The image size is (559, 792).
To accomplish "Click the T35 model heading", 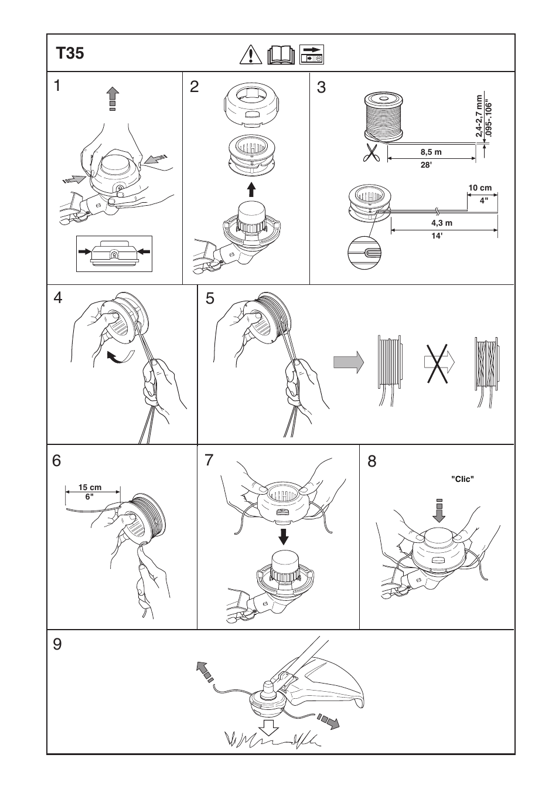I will click(70, 54).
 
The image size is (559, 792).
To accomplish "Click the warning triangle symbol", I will click(250, 55).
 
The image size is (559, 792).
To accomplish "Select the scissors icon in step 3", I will click(370, 153).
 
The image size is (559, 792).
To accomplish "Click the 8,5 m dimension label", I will click(431, 152).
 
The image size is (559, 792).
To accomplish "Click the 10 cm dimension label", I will click(480, 188).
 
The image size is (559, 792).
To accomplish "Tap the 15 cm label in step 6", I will click(90, 487).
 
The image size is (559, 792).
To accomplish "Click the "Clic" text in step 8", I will click(462, 478).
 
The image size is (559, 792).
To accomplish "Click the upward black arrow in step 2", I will click(251, 189).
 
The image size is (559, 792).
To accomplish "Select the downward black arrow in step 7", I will click(284, 535).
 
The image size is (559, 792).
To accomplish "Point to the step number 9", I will click(57, 645).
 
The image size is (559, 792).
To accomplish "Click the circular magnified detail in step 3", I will click(364, 254).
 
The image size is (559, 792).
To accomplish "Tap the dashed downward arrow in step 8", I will click(439, 509).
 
